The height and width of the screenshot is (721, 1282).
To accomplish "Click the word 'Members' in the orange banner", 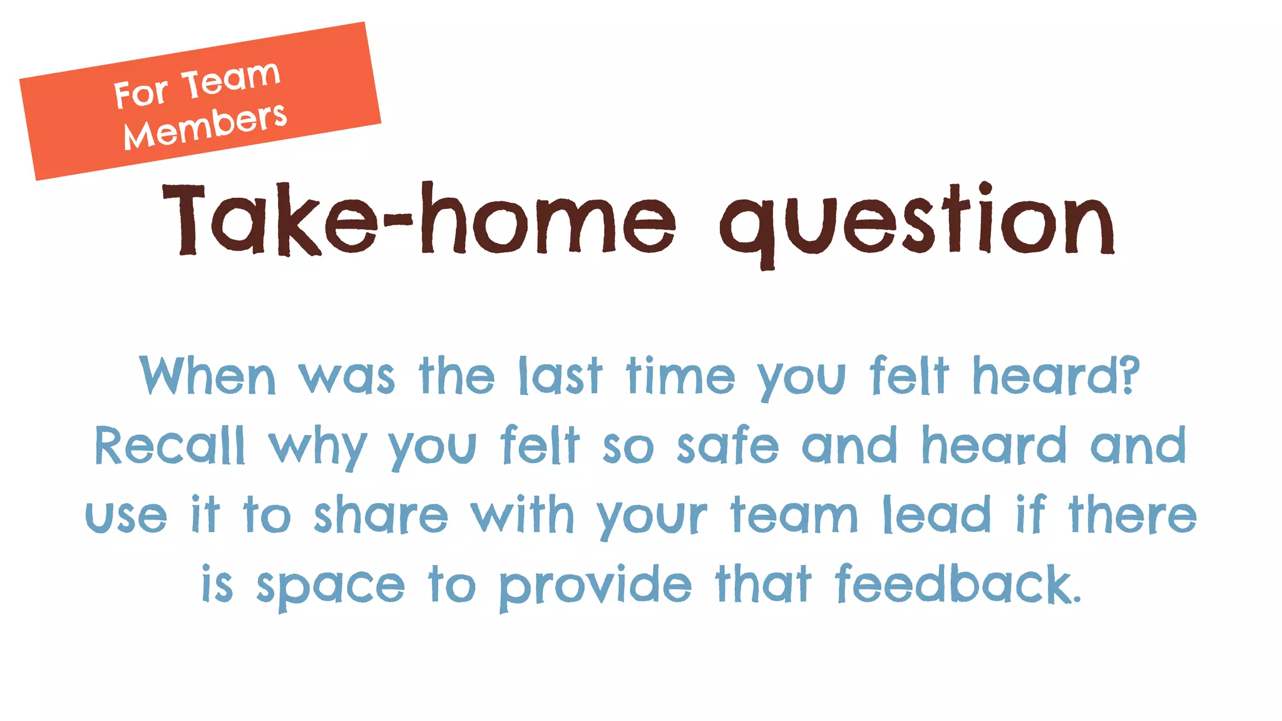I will [x=205, y=126].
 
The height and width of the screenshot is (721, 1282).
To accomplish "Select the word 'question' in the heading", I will [x=917, y=222].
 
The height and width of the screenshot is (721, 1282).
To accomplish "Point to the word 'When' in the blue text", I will [x=207, y=376].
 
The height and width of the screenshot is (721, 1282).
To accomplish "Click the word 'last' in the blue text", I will [x=560, y=376].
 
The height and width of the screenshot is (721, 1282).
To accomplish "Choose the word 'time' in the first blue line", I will [x=680, y=376].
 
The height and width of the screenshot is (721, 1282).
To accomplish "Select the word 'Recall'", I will [x=170, y=446].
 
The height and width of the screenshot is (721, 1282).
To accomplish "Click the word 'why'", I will [x=317, y=448].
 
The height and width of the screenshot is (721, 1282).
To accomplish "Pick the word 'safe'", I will [x=728, y=445].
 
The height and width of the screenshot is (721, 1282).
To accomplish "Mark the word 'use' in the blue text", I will [x=126, y=517].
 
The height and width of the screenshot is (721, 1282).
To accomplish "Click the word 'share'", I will [x=381, y=515].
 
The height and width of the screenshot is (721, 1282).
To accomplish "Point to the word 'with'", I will [x=522, y=514].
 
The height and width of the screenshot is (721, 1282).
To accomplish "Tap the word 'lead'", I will [x=937, y=514].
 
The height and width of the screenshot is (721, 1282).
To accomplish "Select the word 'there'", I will [x=1132, y=514].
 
